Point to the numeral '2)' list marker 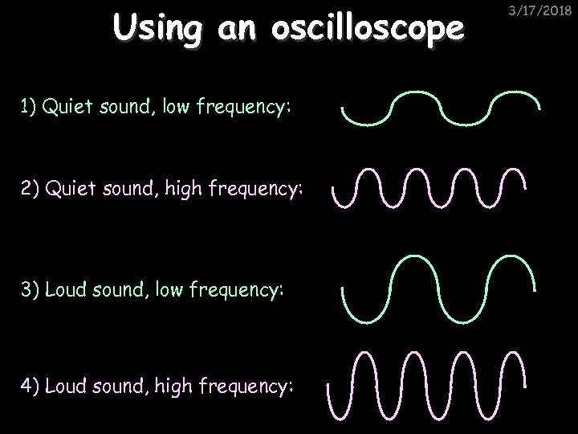tap(31, 190)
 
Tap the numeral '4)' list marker tap(31, 387)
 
